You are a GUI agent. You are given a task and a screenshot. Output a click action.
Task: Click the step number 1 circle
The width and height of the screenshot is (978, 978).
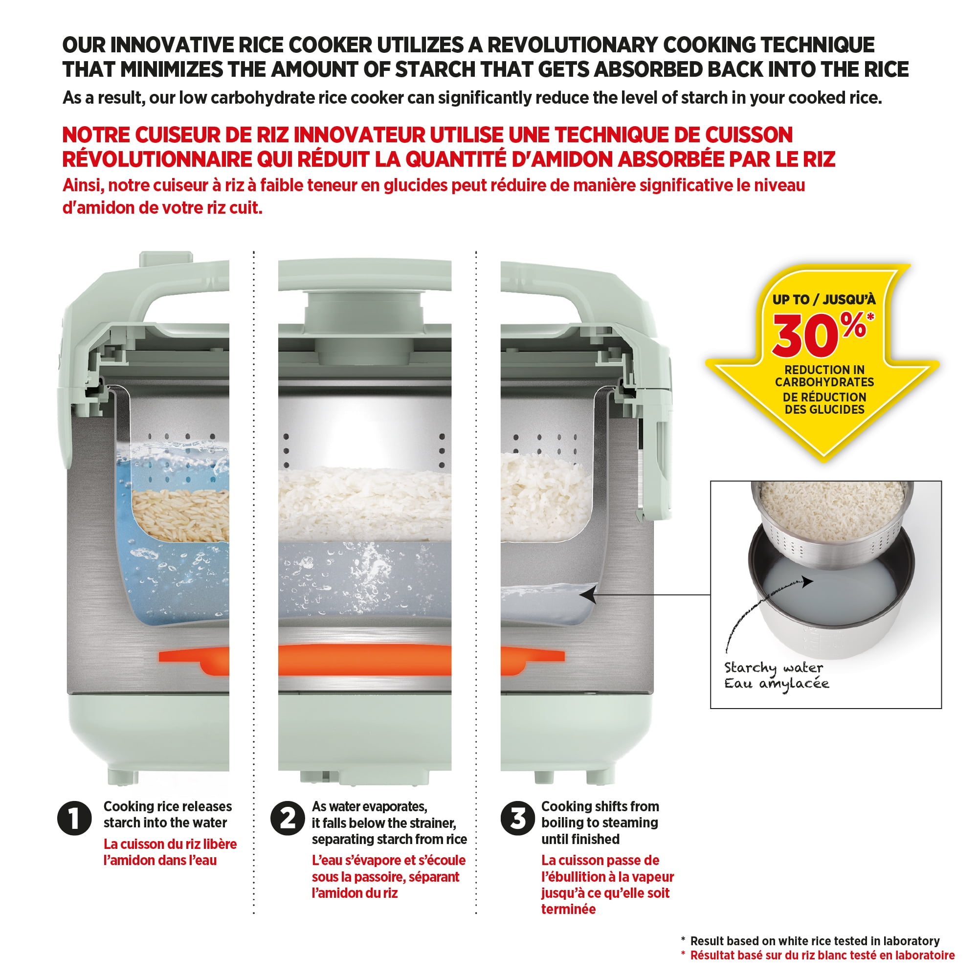74,818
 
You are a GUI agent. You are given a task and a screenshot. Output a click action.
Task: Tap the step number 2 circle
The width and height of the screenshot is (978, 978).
288,818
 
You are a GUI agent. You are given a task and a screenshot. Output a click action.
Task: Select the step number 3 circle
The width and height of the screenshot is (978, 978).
517,818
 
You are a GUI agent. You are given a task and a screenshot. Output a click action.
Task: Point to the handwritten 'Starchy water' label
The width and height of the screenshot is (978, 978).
774,668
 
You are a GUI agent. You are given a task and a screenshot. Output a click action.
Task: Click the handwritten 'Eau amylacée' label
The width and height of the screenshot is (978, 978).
777,684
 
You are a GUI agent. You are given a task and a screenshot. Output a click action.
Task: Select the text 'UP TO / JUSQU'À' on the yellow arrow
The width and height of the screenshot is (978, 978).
823,299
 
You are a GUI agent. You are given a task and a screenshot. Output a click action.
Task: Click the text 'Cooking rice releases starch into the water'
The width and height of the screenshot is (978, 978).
167,814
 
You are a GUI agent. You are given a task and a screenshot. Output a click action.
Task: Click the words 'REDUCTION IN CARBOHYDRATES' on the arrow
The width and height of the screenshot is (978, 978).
824,376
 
